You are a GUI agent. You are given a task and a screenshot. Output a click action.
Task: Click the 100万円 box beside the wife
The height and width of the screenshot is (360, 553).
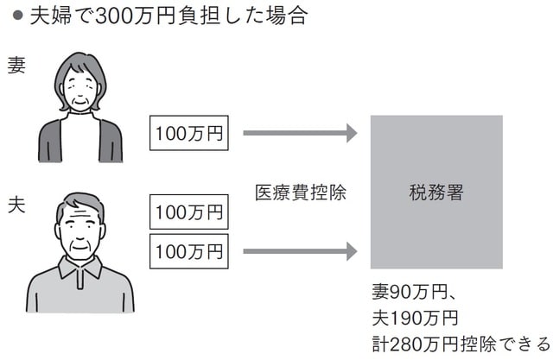click(188, 134)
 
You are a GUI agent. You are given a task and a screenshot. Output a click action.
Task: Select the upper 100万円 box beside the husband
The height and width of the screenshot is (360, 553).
click(188, 211)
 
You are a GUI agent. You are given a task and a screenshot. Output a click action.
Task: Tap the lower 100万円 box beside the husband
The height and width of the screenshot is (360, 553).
click(188, 252)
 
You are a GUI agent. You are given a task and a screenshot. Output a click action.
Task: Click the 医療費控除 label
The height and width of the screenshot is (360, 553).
click(300, 193)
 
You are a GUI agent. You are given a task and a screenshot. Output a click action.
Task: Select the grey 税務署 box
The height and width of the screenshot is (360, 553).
click(436, 193)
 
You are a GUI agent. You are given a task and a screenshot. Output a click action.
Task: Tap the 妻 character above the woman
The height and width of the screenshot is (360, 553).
click(16, 66)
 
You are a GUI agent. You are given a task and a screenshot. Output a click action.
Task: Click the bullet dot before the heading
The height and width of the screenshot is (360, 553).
click(16, 16)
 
